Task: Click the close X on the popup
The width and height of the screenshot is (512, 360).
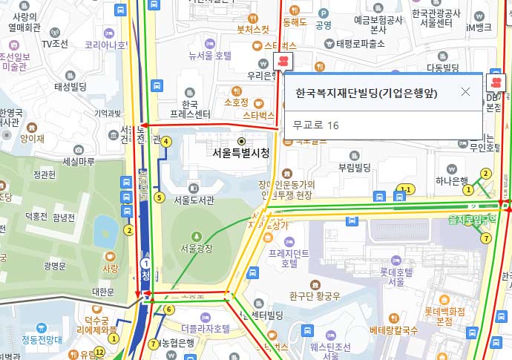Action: [465, 92]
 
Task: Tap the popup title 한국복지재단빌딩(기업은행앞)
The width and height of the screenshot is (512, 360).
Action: [366, 94]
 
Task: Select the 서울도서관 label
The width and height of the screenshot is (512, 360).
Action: [194, 200]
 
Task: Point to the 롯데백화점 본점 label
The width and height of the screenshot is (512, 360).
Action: [444, 316]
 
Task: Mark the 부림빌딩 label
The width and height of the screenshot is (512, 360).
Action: [354, 168]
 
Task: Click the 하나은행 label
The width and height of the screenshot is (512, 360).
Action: [452, 180]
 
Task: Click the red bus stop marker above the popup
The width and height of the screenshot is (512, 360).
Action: [282, 62]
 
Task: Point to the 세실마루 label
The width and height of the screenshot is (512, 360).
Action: [79, 162]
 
